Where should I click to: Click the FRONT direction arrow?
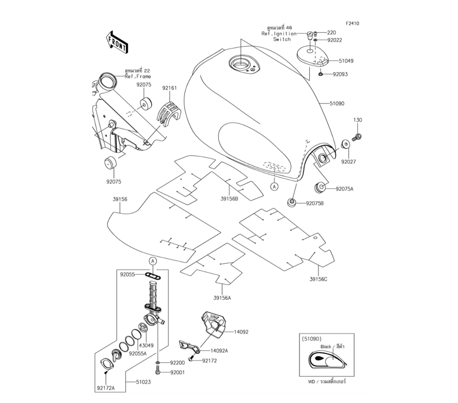(117, 42)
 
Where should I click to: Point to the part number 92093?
(340, 74)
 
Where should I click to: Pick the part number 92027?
(348, 161)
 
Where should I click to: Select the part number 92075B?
(315, 203)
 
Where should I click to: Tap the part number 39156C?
(318, 279)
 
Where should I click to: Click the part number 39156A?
(222, 298)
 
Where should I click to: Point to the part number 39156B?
(229, 199)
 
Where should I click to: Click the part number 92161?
(169, 87)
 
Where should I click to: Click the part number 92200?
(177, 362)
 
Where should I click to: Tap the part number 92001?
(177, 372)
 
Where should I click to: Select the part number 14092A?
(219, 350)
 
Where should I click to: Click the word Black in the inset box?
(326, 347)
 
